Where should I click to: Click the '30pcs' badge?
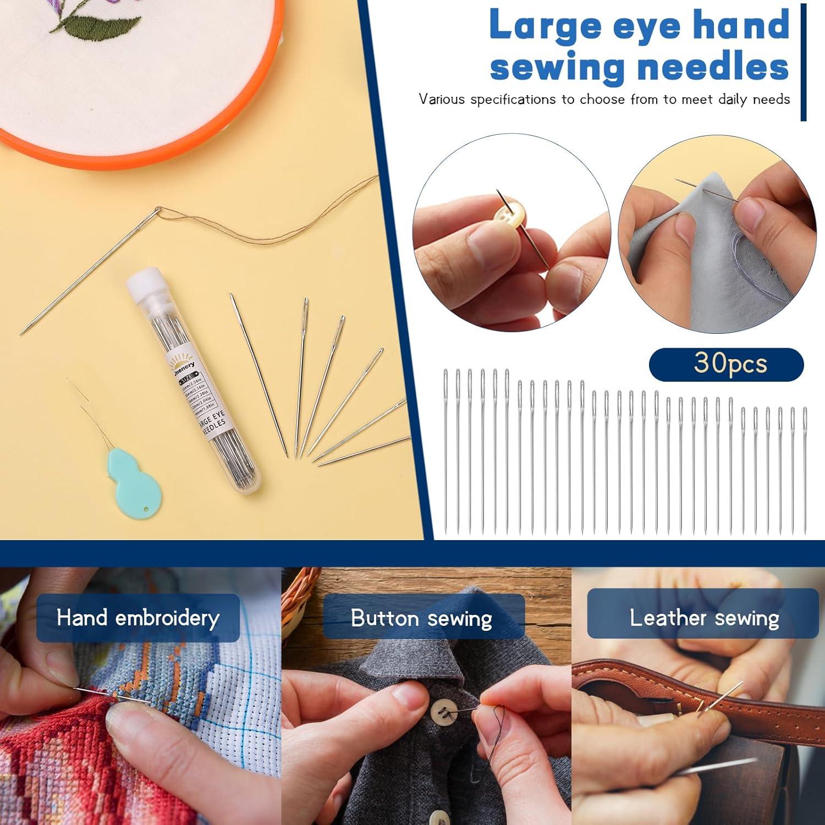pyautogui.click(x=726, y=364)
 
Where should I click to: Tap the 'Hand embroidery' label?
pyautogui.click(x=138, y=618)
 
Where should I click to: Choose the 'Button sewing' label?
pyautogui.click(x=422, y=618)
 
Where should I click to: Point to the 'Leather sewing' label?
pyautogui.click(x=704, y=618)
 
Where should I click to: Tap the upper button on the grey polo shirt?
pyautogui.click(x=441, y=712)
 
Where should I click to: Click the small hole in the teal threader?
pyautogui.click(x=146, y=511)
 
